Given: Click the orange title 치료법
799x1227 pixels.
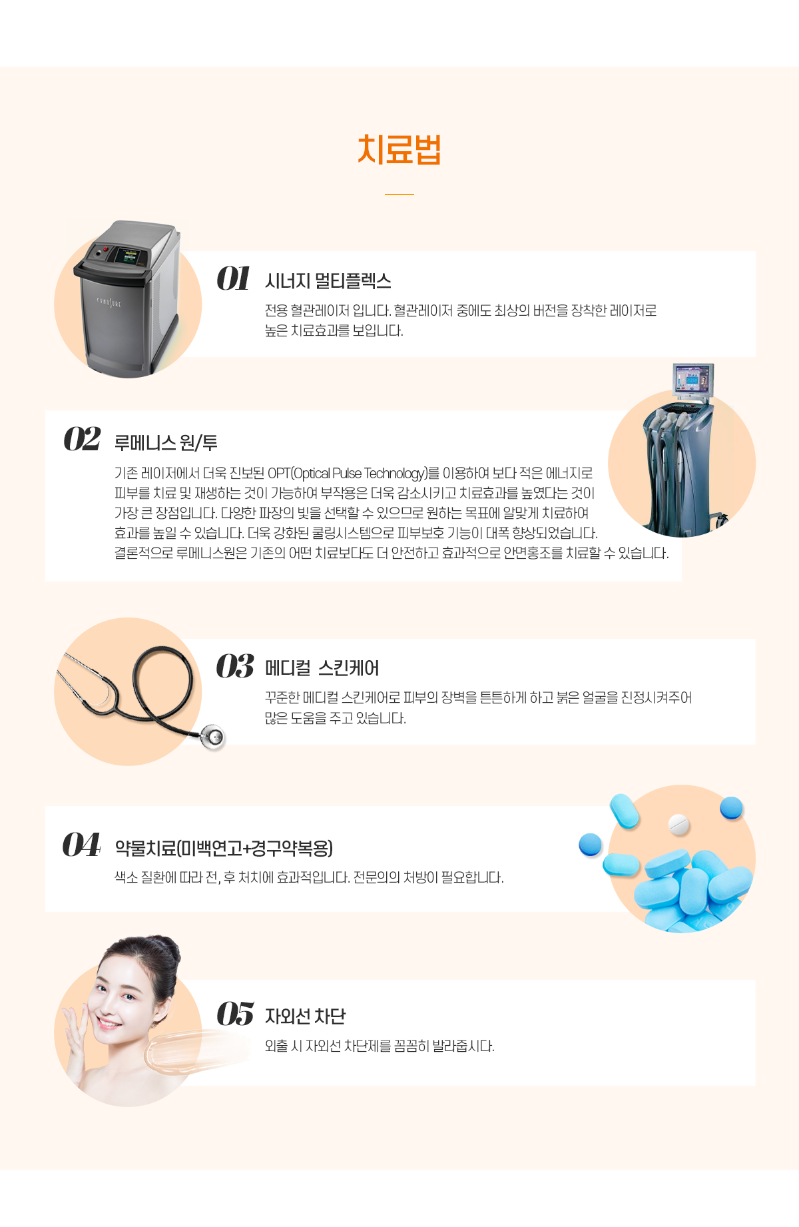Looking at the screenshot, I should tap(400, 150).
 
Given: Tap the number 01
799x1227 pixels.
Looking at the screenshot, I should tap(233, 278).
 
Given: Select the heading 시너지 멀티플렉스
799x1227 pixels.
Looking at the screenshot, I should tap(328, 281).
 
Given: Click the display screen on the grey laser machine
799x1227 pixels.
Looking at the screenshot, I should tap(127, 255).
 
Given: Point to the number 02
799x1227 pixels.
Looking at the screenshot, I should tap(82, 440).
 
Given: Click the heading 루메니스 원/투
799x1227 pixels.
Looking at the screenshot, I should tap(166, 443).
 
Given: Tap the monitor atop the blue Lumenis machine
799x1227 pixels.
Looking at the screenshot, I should tap(692, 381).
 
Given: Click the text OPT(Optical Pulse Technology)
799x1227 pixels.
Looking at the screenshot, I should tap(348, 474).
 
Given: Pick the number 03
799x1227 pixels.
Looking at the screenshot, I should tap(234, 666).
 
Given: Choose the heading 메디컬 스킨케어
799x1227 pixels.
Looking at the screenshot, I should tap(322, 668).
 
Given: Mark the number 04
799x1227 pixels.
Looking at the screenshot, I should tap(81, 845).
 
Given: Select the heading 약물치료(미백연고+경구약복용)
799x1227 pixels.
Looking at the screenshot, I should tap(224, 848).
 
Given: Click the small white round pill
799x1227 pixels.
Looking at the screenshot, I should tap(678, 824).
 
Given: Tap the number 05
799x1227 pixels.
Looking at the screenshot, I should tap(234, 1014).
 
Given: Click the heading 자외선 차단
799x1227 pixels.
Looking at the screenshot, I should tap(305, 1017).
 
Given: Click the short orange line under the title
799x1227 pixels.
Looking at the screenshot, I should tap(400, 195).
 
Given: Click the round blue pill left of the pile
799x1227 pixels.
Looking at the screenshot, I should tap(590, 845).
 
